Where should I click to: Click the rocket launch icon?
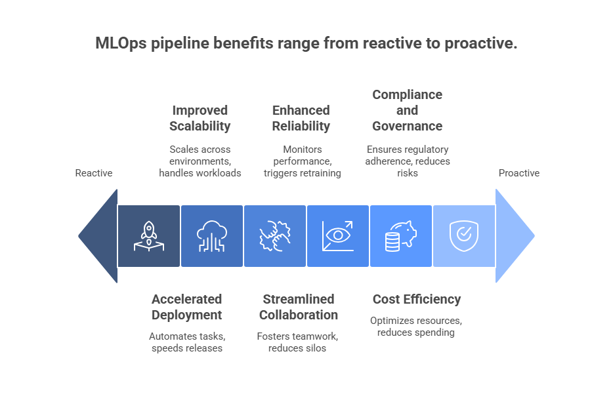148,236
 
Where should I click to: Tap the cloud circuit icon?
211,236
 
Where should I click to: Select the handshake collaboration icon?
274,236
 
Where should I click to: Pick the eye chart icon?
337,236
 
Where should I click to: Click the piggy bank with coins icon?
400,236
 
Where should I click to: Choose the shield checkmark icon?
463,236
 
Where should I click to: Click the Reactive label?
94,173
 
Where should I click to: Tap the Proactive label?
518,173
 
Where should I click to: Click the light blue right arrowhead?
513,236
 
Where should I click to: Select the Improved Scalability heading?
200,118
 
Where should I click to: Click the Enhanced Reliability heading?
301,118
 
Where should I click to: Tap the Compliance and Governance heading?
407,110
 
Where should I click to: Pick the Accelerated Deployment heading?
186,307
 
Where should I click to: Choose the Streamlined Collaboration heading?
299,307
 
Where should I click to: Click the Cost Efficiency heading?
416,299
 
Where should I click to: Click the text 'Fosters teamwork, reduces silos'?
297,342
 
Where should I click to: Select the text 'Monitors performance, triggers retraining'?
302,161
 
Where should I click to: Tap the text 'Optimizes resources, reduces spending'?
416,326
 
